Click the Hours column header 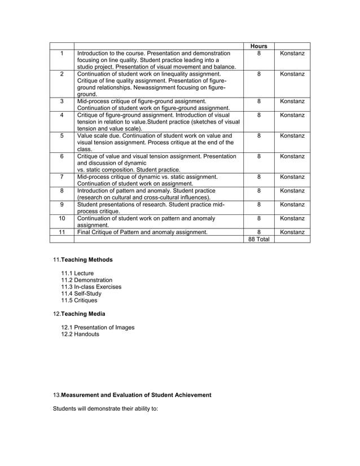[x=258, y=46]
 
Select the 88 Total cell [x=258, y=239]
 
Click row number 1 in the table [x=62, y=53]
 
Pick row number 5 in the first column [x=62, y=136]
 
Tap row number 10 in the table [x=62, y=218]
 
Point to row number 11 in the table [x=62, y=231]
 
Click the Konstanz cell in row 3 [x=292, y=102]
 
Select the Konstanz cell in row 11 [x=292, y=231]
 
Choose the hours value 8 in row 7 [x=258, y=177]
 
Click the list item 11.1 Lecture [x=78, y=274]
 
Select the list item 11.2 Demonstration [x=87, y=280]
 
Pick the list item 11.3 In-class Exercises [x=91, y=287]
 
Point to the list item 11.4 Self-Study [x=82, y=294]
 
